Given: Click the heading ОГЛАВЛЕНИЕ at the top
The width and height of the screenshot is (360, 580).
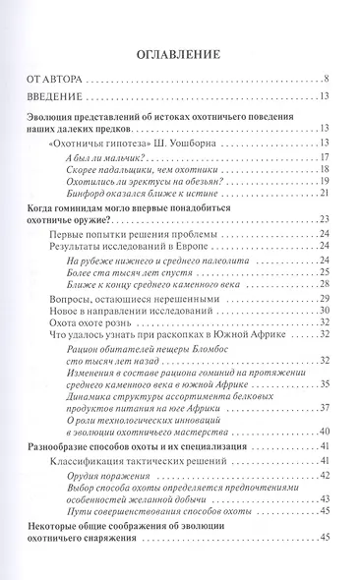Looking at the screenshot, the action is click(x=179, y=54).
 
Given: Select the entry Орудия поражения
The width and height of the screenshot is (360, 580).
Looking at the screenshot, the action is click(x=117, y=476).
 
